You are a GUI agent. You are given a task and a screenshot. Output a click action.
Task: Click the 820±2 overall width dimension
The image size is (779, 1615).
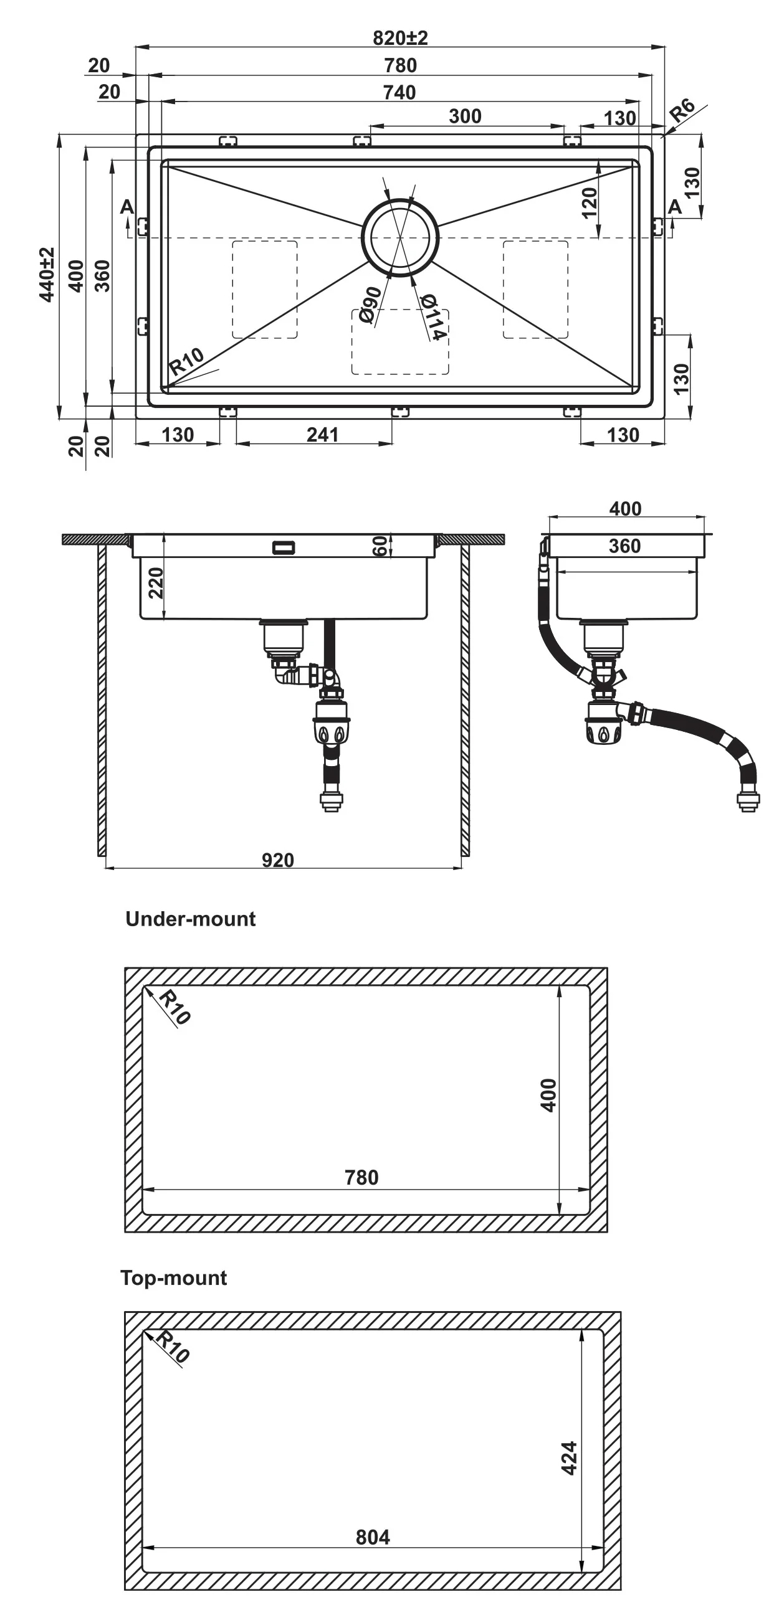coord(400,38)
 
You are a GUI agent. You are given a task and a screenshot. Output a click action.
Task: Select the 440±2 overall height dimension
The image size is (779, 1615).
coord(47,275)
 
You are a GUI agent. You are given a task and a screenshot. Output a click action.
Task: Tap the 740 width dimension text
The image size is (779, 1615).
coord(399,93)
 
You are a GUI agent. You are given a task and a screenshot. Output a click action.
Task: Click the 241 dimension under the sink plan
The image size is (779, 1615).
coord(322,435)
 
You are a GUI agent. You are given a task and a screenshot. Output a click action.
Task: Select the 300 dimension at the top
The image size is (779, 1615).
coord(465,116)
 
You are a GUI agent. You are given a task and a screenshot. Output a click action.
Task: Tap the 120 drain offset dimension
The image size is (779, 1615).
coord(590,202)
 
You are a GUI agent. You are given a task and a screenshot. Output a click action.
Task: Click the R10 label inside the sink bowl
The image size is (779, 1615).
coord(186,361)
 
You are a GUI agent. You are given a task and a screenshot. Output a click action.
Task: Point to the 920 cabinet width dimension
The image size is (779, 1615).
coord(277,860)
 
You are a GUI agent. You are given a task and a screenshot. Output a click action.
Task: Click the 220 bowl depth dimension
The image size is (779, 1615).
coord(155,582)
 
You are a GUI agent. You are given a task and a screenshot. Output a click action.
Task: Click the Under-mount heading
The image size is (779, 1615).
coord(190,919)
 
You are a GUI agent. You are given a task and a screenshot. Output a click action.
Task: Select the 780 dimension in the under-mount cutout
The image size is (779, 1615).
coord(361,1177)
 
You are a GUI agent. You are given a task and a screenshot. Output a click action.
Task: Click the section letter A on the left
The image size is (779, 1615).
coord(127,206)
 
